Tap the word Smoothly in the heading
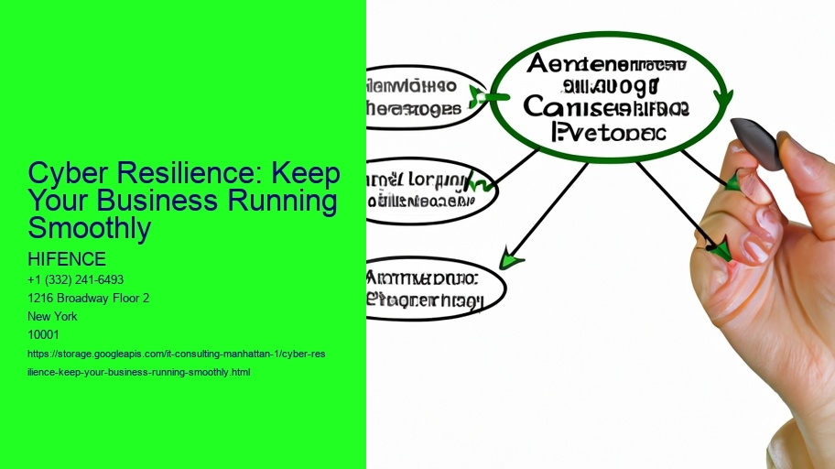click(x=89, y=228)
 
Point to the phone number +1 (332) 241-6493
click(x=76, y=279)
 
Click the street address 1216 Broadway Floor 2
click(x=89, y=298)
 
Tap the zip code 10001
click(x=44, y=333)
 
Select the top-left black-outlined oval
click(x=423, y=96)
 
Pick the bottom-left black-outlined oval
click(x=434, y=287)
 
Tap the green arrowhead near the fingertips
click(x=721, y=249)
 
